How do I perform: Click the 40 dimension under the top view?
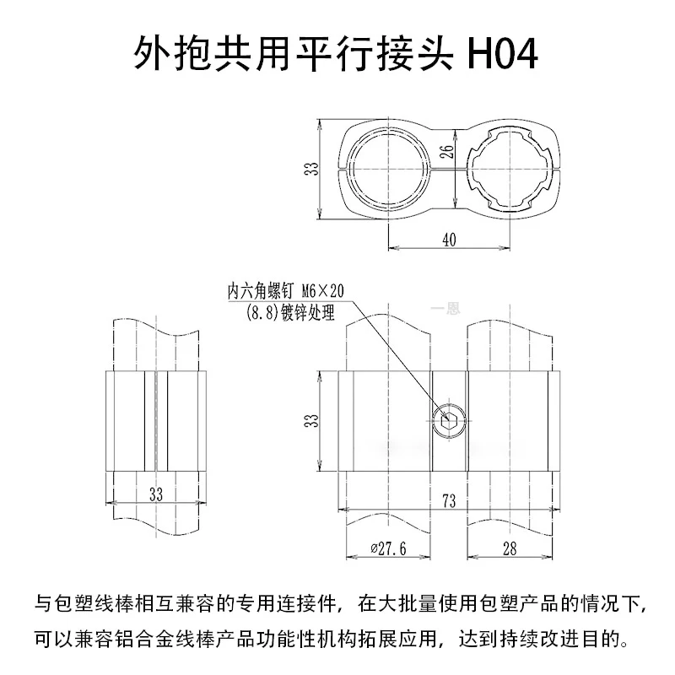(x=448, y=240)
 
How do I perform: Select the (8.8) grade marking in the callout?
(x=260, y=314)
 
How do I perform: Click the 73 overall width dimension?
(x=448, y=501)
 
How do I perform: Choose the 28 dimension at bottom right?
(x=509, y=549)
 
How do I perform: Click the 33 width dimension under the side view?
(x=155, y=493)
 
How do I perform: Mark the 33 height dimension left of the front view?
(x=310, y=419)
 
